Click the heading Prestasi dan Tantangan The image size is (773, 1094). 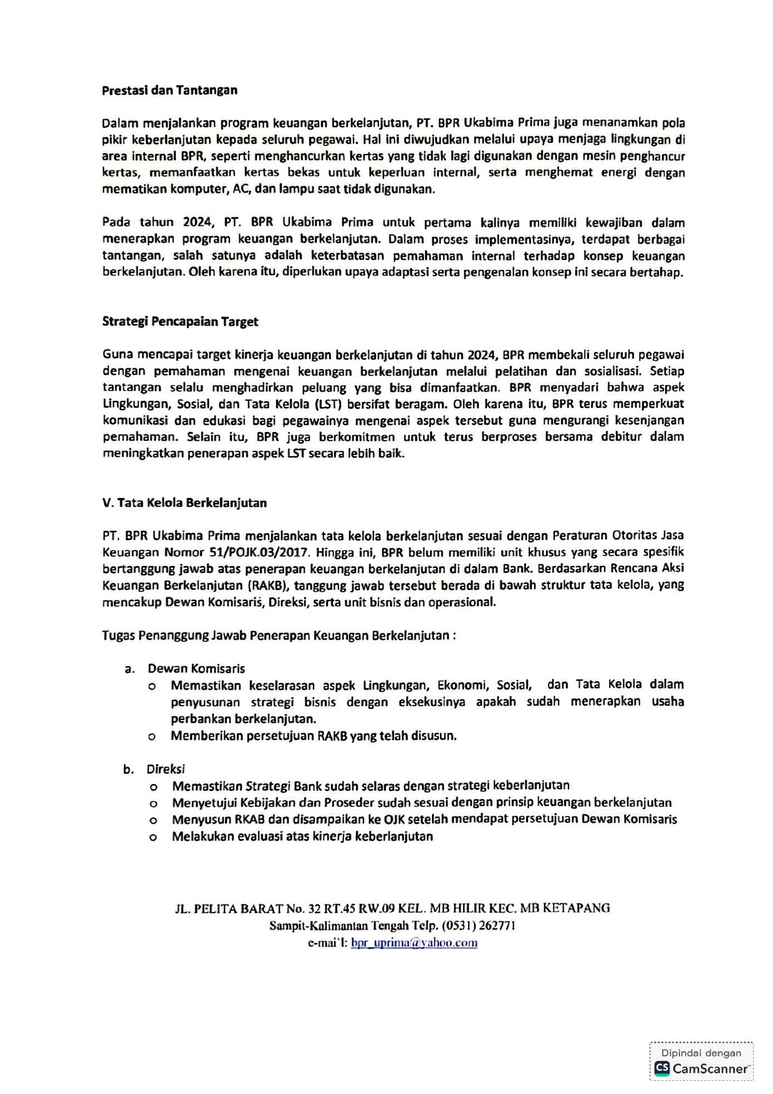(x=170, y=90)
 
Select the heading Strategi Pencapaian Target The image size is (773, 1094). (x=180, y=322)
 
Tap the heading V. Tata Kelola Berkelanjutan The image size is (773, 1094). (x=185, y=502)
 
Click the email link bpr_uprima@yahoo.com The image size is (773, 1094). (x=414, y=943)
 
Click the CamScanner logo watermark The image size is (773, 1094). (x=701, y=1068)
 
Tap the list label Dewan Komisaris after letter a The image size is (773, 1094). (x=196, y=668)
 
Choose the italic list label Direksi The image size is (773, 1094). (x=166, y=769)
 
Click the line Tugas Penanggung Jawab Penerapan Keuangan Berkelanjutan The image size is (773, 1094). (x=279, y=636)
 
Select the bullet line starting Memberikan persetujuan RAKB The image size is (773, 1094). (x=314, y=736)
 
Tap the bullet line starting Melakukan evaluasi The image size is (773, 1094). (x=302, y=836)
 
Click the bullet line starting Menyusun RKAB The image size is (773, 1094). (x=424, y=819)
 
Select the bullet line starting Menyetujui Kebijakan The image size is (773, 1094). (x=421, y=802)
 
